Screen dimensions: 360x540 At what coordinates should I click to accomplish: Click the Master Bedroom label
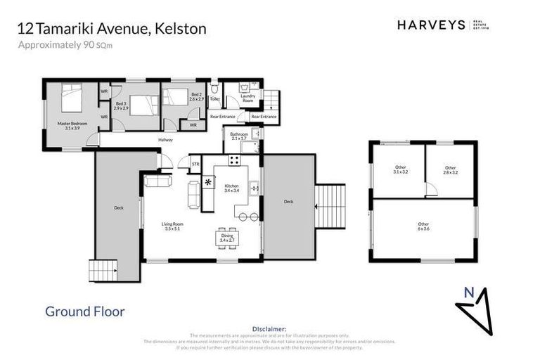[x=72, y=125]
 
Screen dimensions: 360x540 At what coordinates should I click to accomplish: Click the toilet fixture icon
[x=216, y=90]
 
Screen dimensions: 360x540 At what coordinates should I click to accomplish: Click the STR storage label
[x=195, y=165]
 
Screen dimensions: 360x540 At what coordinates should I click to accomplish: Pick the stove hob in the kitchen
[x=233, y=160]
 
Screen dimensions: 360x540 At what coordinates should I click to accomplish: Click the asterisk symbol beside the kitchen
[x=209, y=183]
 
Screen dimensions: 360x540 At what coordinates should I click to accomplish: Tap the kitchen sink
[x=255, y=188]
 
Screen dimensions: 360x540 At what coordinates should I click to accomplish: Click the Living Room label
[x=172, y=226]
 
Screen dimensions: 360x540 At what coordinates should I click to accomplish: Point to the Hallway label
[x=165, y=140]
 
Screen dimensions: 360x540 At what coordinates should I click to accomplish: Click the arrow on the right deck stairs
[x=319, y=206]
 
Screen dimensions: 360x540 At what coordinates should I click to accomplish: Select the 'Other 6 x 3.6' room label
[x=423, y=226]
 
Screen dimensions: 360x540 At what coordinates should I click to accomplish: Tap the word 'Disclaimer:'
[x=269, y=328]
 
